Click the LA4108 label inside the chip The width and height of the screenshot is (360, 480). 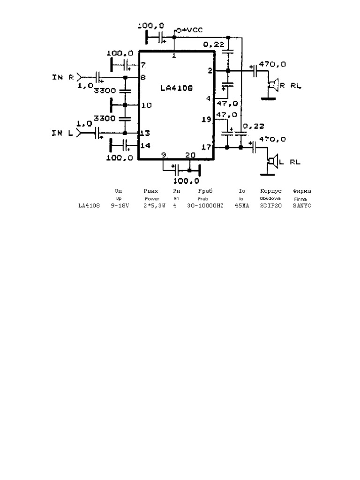(x=176, y=88)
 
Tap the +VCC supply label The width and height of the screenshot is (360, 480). (x=190, y=30)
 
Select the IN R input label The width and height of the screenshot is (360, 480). (x=62, y=77)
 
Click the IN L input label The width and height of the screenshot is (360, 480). (x=62, y=134)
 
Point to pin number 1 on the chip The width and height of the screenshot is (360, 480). (x=174, y=56)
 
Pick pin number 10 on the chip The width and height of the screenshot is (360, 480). (x=146, y=105)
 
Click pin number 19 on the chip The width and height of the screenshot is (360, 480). (x=206, y=120)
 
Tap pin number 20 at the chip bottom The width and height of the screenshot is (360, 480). (x=191, y=155)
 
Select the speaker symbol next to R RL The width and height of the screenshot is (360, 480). (x=272, y=85)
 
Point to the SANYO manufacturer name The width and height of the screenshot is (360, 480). (x=302, y=205)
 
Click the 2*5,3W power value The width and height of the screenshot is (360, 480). (x=154, y=205)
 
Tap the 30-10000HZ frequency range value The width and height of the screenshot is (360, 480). (x=205, y=205)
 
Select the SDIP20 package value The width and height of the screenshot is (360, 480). (x=270, y=205)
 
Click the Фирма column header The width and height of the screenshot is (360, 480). (x=302, y=191)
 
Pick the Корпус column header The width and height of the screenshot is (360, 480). (x=270, y=191)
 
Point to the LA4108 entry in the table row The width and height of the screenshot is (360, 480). (x=89, y=205)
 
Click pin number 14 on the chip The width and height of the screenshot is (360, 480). (x=146, y=145)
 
